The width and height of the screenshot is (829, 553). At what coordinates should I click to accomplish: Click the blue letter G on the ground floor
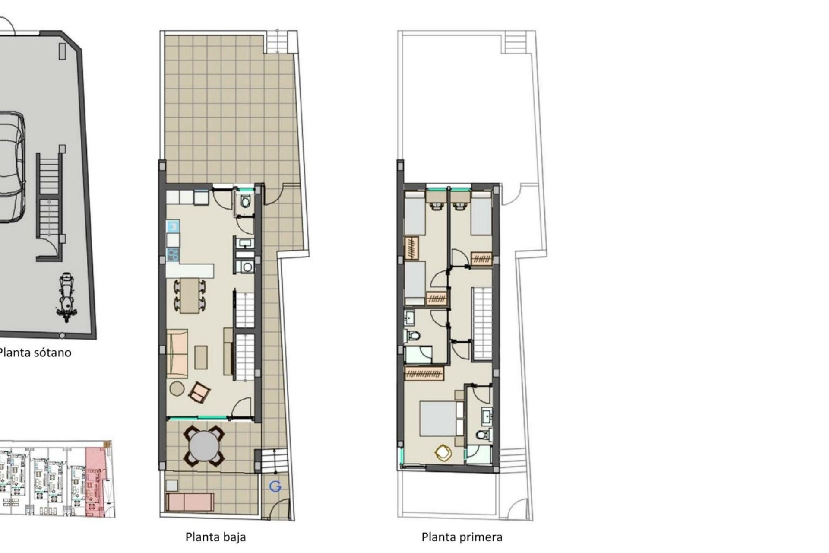275,487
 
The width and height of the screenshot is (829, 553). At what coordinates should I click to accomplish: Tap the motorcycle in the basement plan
66,297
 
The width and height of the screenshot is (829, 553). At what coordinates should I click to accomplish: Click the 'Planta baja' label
215,537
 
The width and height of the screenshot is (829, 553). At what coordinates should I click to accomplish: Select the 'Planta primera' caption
462,537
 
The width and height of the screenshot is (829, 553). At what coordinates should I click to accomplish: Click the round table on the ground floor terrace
204,446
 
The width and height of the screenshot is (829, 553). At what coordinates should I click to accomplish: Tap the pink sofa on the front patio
190,502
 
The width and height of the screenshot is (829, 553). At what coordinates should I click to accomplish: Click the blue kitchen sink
173,226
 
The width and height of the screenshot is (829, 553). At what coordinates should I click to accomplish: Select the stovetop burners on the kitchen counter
173,254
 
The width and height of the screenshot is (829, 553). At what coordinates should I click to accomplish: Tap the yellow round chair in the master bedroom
443,453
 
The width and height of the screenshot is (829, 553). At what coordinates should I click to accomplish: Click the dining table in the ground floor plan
190,296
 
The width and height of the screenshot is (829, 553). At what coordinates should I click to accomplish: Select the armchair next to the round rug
199,391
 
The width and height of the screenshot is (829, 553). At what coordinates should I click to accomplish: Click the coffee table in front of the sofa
201,357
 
